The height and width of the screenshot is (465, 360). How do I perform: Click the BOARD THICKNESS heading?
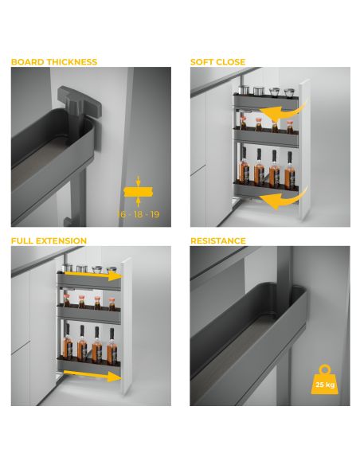tap(54, 62)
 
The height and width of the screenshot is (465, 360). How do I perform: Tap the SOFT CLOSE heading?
tap(217, 62)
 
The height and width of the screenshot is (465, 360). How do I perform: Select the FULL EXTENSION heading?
tap(49, 240)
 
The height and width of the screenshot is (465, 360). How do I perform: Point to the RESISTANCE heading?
tap(218, 240)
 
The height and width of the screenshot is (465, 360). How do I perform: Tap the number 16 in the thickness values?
tap(122, 214)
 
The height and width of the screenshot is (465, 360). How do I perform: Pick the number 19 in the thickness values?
tap(155, 214)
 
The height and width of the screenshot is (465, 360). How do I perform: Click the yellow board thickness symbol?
tap(138, 192)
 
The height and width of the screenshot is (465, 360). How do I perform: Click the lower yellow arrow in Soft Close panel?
tap(285, 199)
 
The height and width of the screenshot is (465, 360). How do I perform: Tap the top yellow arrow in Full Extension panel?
tap(93, 275)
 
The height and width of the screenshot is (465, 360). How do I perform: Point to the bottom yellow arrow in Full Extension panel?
tap(92, 375)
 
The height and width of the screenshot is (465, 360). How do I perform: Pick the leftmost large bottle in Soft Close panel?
tap(244, 169)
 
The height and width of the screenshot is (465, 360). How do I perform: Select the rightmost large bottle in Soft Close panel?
tap(290, 170)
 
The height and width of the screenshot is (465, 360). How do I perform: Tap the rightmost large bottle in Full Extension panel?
tap(112, 346)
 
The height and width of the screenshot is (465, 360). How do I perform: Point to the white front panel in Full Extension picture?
tap(127, 326)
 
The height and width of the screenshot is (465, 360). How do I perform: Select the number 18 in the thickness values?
tap(139, 214)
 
